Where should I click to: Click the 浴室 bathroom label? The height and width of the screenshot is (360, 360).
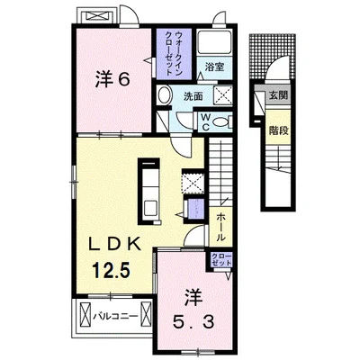213,67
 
